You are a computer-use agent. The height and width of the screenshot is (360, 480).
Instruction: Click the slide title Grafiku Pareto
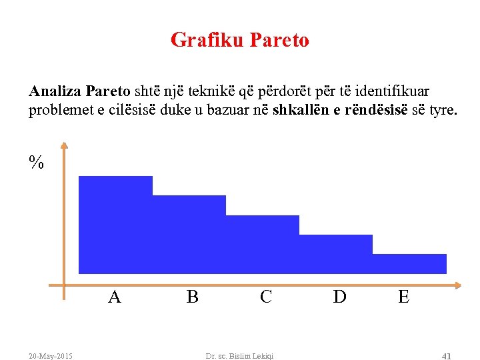tap(240, 40)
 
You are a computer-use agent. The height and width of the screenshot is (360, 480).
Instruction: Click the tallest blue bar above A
tap(115, 224)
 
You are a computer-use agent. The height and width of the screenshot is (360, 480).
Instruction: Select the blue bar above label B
tap(189, 233)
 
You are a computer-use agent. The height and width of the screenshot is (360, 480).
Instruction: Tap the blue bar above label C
tap(263, 243)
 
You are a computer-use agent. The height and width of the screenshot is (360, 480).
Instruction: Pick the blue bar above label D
tap(336, 253)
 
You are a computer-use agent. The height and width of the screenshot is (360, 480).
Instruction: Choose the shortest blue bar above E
tap(409, 263)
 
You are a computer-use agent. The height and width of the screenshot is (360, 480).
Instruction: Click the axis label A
tap(115, 297)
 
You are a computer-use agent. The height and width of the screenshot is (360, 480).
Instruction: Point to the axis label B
tap(193, 297)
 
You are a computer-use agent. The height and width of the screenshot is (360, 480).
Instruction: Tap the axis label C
tap(266, 297)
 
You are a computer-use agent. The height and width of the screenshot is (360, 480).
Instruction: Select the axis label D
tap(339, 297)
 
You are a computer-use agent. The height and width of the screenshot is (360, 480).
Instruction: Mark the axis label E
tap(403, 297)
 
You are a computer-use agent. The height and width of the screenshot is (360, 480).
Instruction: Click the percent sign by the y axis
tap(36, 162)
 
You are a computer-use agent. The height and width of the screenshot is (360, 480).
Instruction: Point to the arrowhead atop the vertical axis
tap(63, 145)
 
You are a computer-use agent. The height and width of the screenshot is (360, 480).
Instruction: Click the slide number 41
tap(447, 356)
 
